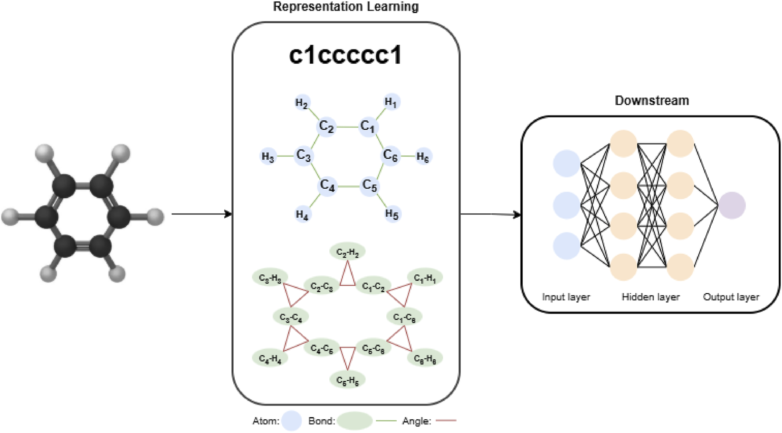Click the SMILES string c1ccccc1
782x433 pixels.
click(345, 55)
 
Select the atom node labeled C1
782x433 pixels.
click(368, 126)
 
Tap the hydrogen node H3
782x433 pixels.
click(268, 156)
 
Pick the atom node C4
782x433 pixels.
click(327, 185)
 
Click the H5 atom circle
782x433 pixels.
click(392, 214)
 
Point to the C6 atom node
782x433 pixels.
click(391, 155)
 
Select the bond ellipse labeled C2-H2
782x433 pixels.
click(347, 252)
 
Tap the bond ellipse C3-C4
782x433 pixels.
click(291, 317)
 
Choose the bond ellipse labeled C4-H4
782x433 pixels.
click(270, 358)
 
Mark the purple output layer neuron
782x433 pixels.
click(732, 205)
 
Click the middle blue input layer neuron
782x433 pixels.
click(566, 205)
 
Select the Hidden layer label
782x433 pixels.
click(650, 297)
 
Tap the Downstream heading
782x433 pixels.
click(651, 101)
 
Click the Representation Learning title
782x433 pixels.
click(345, 7)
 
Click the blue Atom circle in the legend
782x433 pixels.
click(291, 421)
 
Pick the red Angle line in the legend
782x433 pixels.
click(446, 421)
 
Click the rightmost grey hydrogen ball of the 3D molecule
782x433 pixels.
click(155, 217)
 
